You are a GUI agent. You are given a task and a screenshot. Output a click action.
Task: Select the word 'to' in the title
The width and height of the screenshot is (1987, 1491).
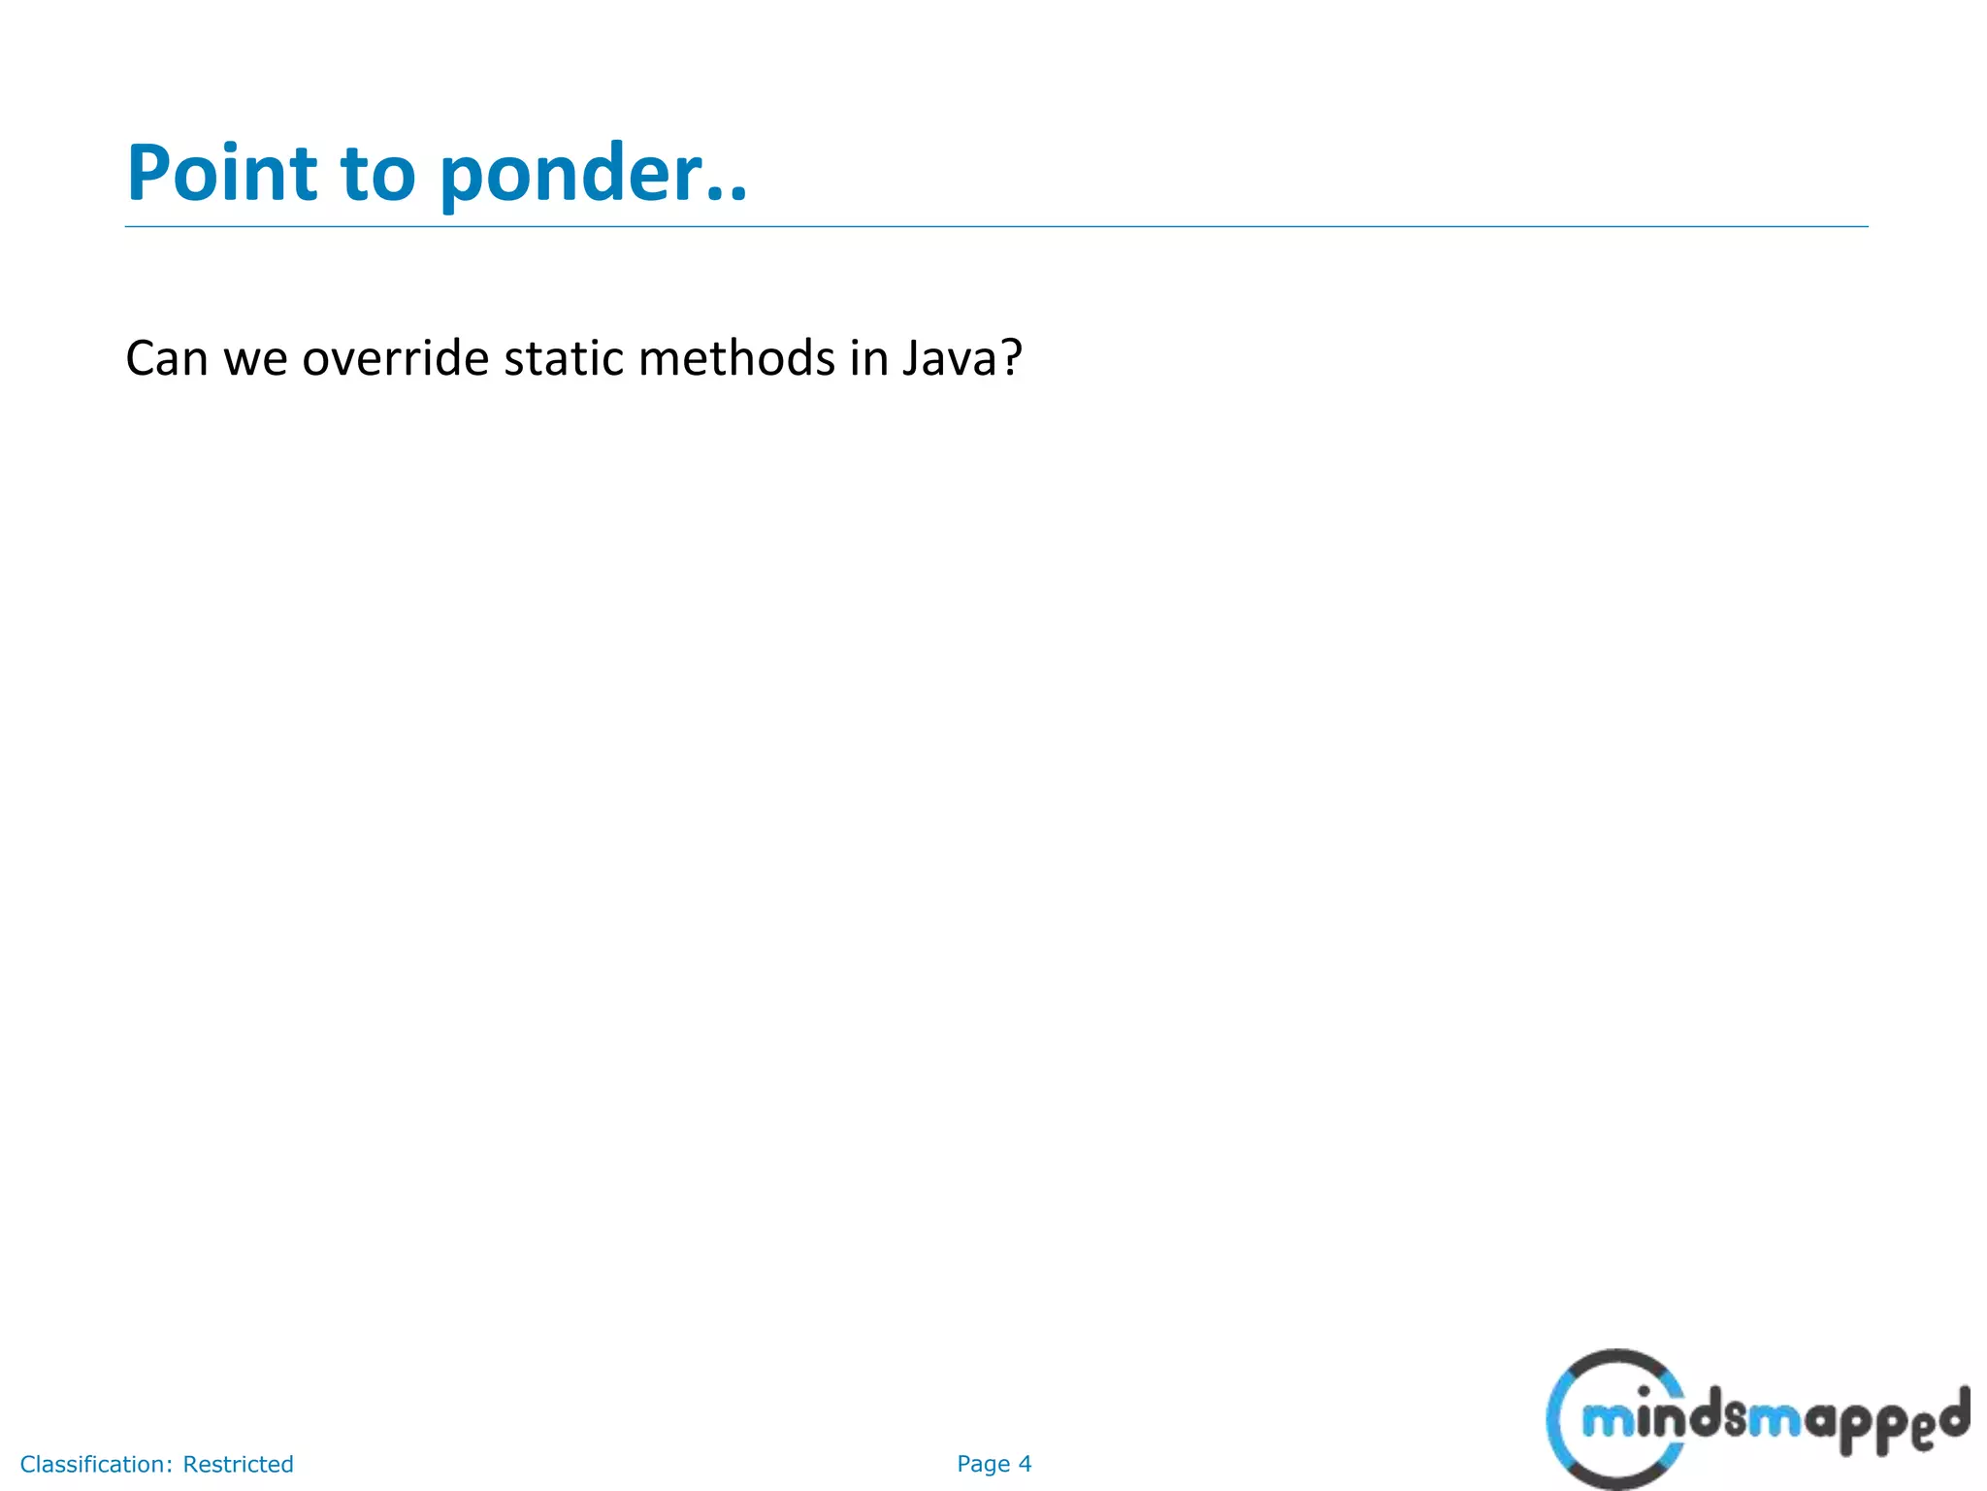378,175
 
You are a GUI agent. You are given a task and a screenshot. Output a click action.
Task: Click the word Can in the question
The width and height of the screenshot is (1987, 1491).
167,358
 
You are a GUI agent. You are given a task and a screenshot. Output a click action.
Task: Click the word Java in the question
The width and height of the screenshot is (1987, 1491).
949,358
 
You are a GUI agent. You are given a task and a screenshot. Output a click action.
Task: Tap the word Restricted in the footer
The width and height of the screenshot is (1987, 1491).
238,1464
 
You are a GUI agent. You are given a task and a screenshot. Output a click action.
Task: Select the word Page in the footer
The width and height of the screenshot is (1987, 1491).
983,1465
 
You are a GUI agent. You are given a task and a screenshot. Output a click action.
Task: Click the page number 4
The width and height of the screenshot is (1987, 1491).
1025,1464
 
